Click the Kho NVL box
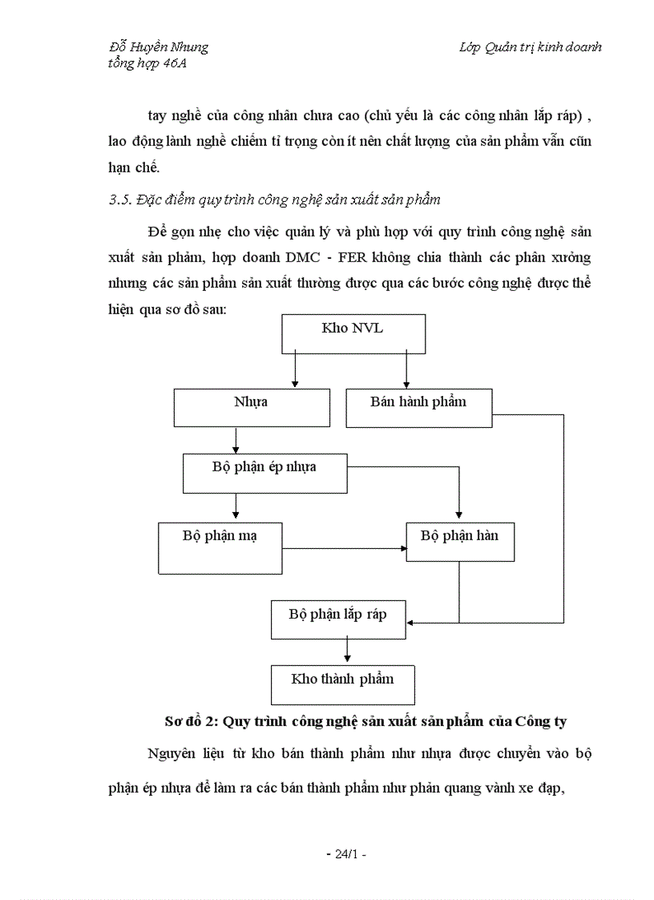point(353,333)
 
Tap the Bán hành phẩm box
point(418,407)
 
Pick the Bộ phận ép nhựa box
point(264,473)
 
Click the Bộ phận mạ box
point(220,548)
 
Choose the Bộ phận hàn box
point(459,542)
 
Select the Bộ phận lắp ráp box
point(338,620)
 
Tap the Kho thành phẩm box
point(343,684)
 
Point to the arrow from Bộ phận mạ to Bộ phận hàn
point(345,549)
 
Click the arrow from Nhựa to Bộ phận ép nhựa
point(236,439)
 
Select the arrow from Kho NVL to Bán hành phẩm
point(406,370)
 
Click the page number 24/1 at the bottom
point(346,854)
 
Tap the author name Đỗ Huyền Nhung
point(158,46)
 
